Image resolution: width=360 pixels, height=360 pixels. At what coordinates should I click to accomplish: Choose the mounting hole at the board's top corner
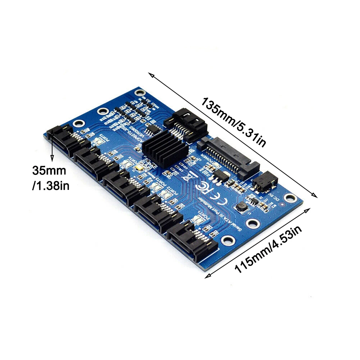139,92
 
